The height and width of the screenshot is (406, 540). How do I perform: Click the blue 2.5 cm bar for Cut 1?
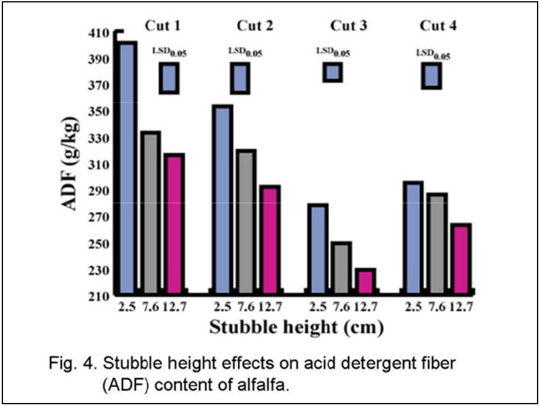(128, 167)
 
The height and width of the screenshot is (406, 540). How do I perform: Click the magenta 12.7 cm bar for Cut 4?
(460, 259)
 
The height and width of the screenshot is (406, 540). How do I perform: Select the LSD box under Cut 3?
(333, 72)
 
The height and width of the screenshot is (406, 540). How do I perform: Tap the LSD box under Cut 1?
(169, 78)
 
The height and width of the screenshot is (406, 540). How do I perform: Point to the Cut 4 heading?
(439, 26)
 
